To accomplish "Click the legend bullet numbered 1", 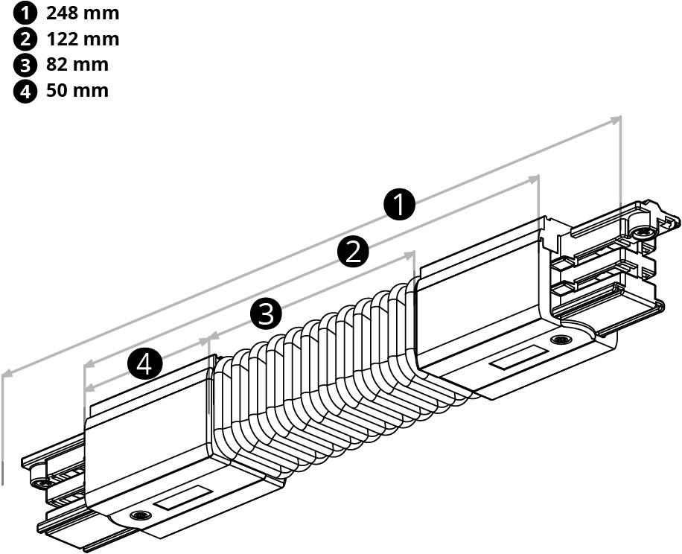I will point(25,13).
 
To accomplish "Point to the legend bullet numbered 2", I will point(25,39).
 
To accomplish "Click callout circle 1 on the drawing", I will point(400,204).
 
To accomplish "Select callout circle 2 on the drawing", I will point(353,252).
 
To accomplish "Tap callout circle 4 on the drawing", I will point(145,364).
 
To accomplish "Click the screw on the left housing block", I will point(138,515).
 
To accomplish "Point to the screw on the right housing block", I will point(558,341).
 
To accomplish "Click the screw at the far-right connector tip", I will point(641,233).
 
